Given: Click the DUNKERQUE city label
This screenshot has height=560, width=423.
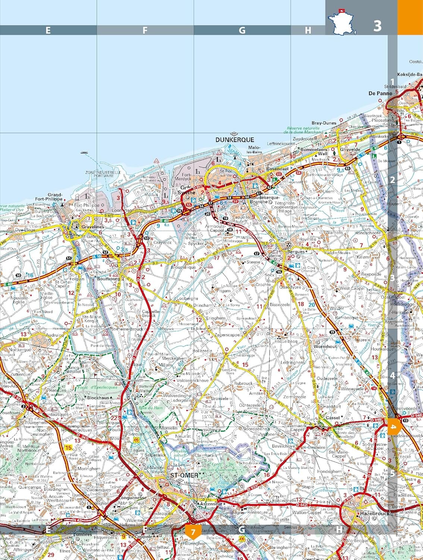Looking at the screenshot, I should coord(235,140).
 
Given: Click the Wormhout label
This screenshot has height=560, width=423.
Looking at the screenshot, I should coord(325,346).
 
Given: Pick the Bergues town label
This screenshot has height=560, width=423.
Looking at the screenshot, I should coord(297,252).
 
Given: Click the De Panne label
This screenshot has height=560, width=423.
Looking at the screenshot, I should coord(380,93).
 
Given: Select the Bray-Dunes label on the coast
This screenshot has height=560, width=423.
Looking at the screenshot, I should coord(324,123).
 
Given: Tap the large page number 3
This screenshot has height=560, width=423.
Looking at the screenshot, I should coord(377,26).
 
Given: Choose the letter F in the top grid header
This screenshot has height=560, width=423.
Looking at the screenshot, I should coord(145,31).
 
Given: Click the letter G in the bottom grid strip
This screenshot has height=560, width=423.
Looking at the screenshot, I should coord(242,529).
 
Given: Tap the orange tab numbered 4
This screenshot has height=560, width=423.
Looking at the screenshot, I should coord(394,427).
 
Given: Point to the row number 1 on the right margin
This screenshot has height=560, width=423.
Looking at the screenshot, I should coord(392,82).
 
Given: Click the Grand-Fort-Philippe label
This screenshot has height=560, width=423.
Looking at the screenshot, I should coord(54,197).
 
